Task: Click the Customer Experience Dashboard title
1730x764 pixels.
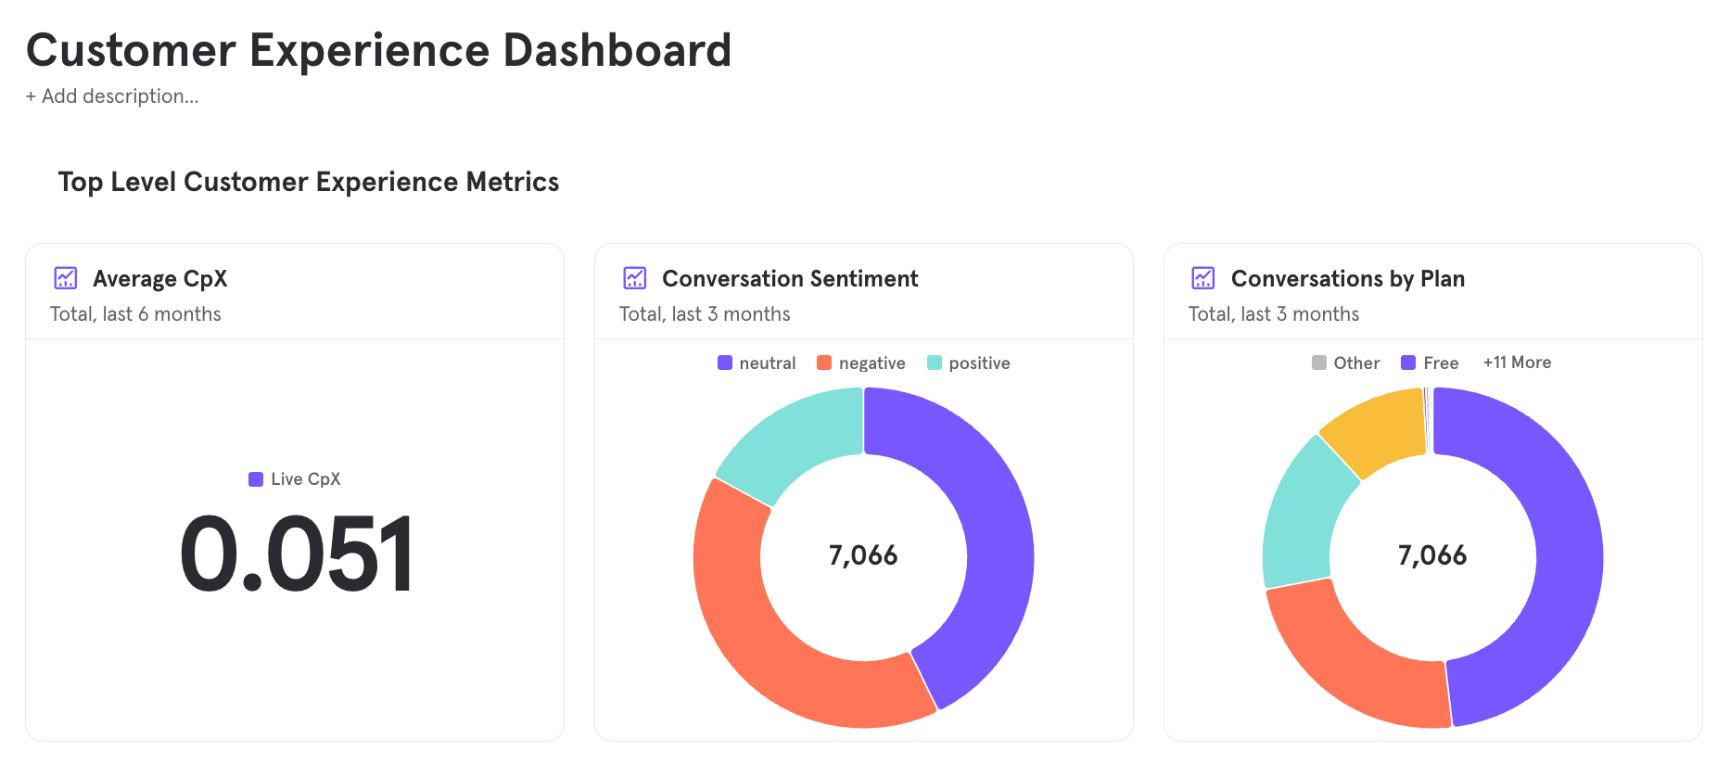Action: (x=378, y=51)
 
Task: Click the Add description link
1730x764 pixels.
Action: (x=112, y=96)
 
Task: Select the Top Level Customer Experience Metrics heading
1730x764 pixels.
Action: (x=308, y=182)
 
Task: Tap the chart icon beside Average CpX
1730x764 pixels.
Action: (x=66, y=278)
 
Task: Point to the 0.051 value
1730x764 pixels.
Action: (x=296, y=554)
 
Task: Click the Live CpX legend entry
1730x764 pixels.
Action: (x=295, y=479)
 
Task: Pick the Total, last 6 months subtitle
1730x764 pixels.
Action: (x=135, y=314)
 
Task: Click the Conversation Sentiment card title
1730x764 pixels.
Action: (x=790, y=279)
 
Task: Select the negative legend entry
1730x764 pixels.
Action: (x=861, y=363)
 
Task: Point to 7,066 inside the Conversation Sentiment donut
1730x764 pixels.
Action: (x=863, y=555)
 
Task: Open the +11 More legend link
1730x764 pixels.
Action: (x=1517, y=363)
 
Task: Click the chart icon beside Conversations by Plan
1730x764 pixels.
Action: (x=1203, y=278)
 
